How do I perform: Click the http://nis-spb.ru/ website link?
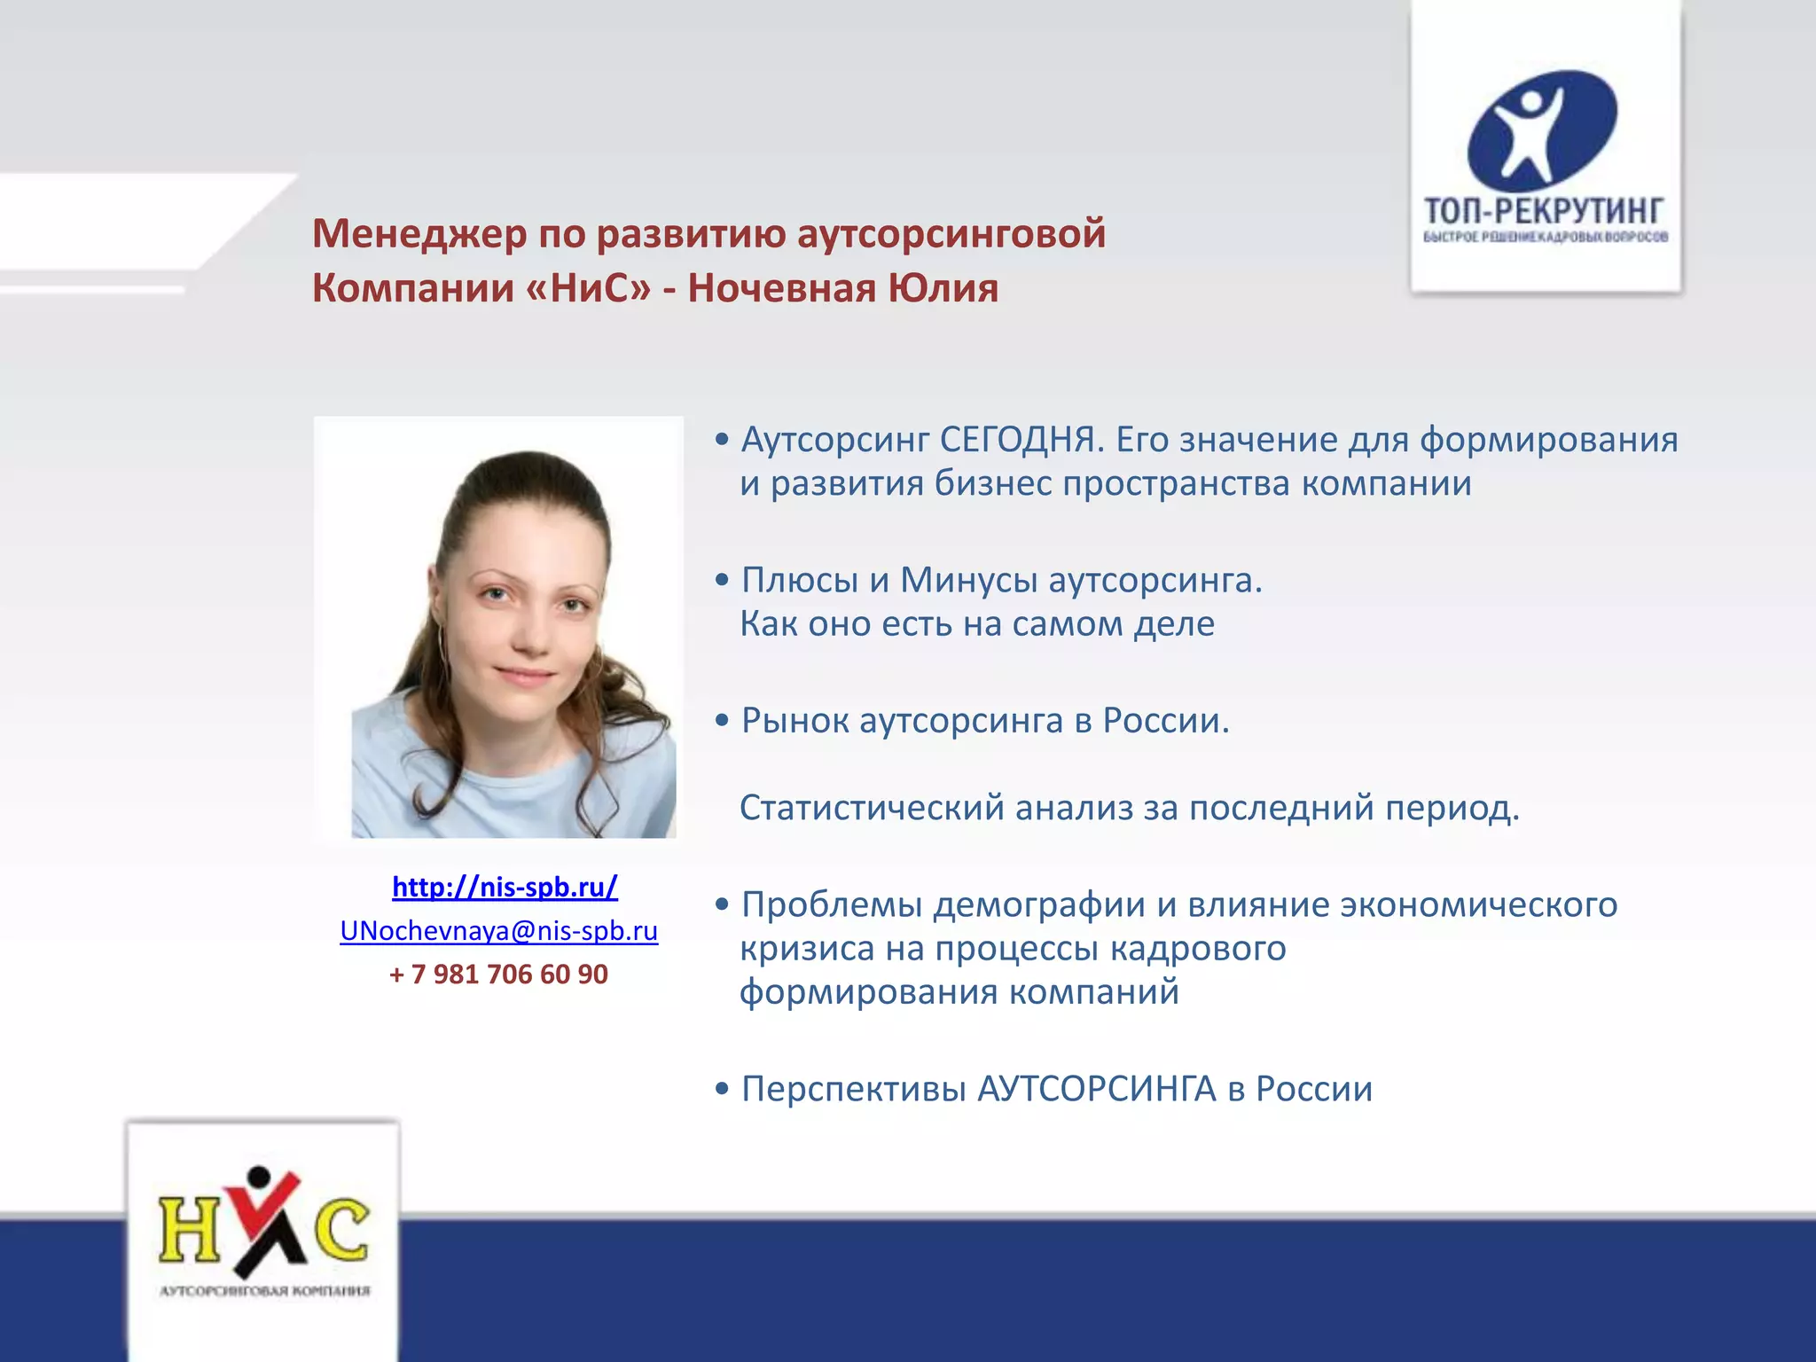505,887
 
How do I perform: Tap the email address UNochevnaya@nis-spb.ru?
499,930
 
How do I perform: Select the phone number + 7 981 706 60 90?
498,974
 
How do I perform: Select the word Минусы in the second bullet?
969,580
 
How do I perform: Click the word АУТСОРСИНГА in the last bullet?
1096,1089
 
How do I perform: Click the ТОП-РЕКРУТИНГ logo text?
1544,211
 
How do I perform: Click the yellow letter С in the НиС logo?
341,1230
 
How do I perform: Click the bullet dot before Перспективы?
723,1089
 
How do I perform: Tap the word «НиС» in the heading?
588,288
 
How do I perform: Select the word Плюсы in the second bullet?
800,580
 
